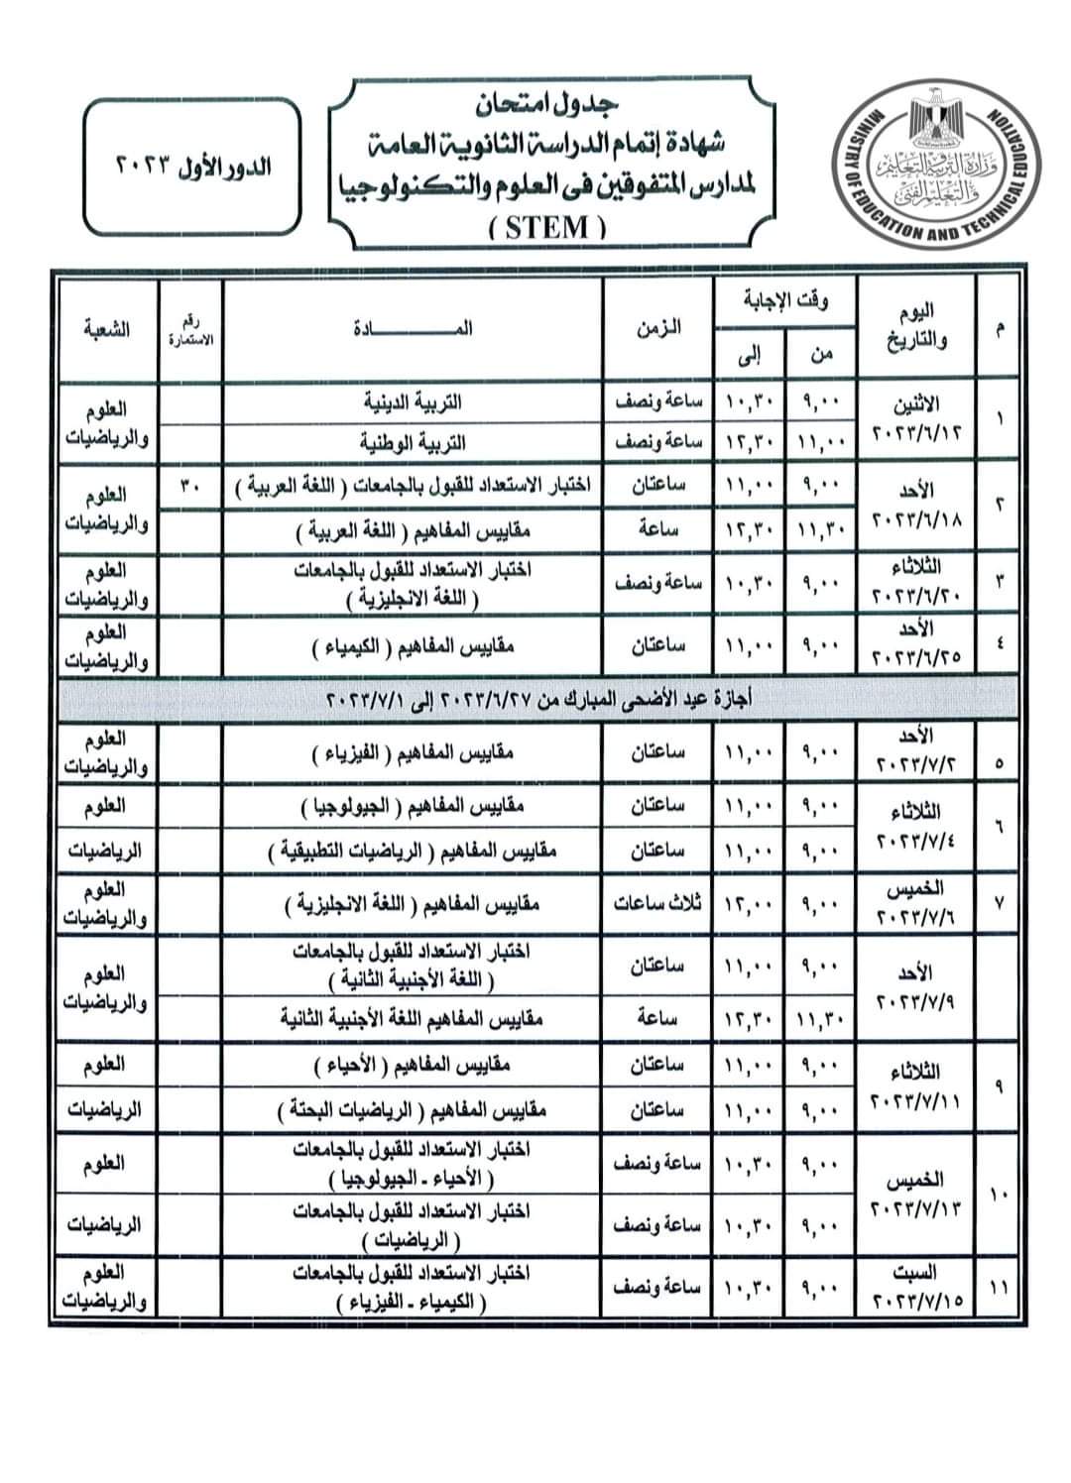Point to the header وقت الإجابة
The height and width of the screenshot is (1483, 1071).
(x=785, y=301)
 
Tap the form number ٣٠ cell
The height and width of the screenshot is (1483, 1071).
(x=190, y=486)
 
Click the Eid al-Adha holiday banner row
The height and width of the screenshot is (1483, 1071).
(x=538, y=700)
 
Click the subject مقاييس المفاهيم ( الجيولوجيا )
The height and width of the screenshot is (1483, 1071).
(x=413, y=809)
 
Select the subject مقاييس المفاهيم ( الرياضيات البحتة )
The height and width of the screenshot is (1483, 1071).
(x=413, y=1110)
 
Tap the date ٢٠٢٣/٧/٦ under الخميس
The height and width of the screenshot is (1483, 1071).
(x=917, y=917)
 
